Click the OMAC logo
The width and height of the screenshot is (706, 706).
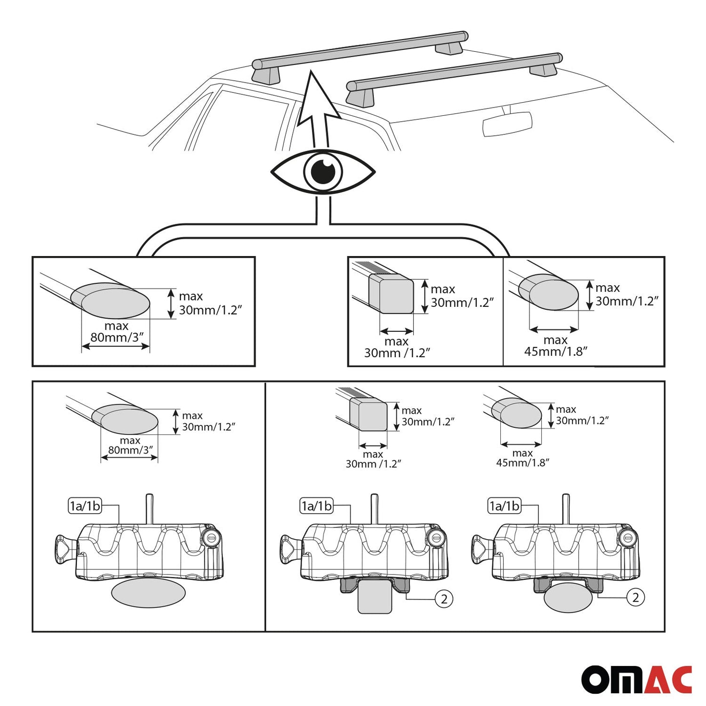(636, 679)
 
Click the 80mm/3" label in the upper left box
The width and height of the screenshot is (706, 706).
(117, 337)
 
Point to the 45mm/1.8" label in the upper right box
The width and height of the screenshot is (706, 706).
(556, 351)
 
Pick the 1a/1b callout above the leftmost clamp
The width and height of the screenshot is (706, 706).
(85, 506)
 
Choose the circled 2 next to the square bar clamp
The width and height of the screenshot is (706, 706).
(444, 599)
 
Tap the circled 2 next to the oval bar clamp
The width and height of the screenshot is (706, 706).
(635, 597)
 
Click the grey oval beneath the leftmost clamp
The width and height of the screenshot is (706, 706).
(148, 593)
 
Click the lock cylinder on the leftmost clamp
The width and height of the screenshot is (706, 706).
(211, 537)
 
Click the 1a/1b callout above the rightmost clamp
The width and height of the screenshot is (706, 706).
(504, 506)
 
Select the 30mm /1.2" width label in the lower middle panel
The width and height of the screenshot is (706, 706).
(373, 464)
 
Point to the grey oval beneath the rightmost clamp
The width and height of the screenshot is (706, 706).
(568, 598)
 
